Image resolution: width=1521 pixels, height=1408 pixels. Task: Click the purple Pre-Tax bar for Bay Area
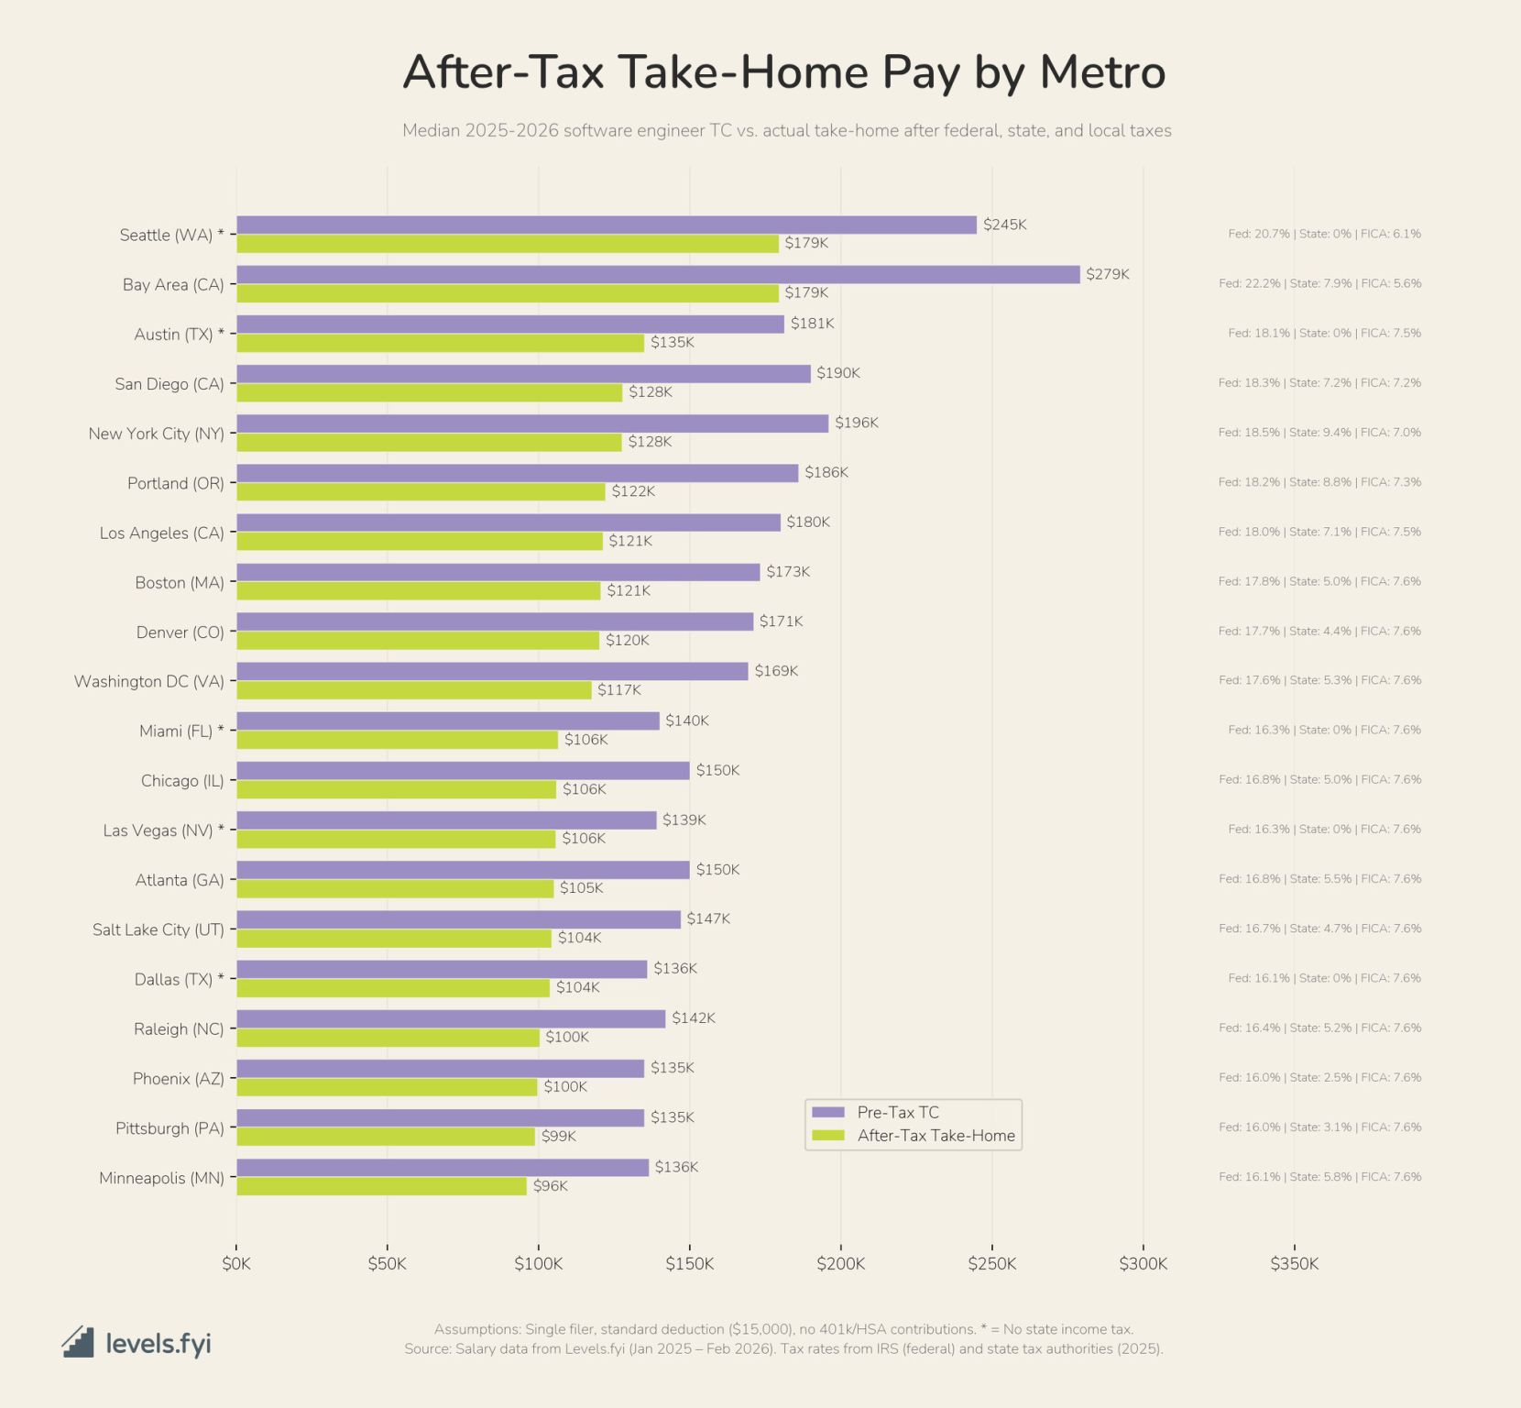point(658,274)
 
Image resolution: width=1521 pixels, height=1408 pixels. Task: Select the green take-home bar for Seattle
point(507,244)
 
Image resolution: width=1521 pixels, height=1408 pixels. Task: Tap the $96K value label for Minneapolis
point(550,1186)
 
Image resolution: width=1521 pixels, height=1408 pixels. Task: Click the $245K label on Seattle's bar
point(1004,225)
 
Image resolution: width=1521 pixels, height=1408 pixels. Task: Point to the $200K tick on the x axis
point(840,1264)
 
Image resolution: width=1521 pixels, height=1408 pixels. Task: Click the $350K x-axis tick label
point(1294,1264)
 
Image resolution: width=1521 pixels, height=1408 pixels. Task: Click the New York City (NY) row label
point(156,434)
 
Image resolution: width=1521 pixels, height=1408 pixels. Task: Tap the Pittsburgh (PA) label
point(170,1128)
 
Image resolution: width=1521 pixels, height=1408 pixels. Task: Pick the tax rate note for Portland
point(1319,482)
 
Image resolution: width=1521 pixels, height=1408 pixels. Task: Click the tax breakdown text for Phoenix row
point(1319,1078)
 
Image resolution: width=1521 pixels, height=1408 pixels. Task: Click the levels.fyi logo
point(137,1343)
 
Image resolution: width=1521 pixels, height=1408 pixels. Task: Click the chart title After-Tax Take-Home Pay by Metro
point(783,71)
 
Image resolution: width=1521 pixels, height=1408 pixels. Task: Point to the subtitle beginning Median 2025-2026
point(786,131)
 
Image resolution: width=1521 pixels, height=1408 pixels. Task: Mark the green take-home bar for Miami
point(397,740)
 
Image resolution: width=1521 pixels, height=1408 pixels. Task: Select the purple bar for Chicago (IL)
point(463,771)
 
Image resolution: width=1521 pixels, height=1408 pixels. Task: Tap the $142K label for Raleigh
point(693,1018)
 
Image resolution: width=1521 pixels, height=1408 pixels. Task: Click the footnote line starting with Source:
point(783,1349)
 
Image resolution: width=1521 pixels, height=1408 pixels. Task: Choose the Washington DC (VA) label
point(148,682)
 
